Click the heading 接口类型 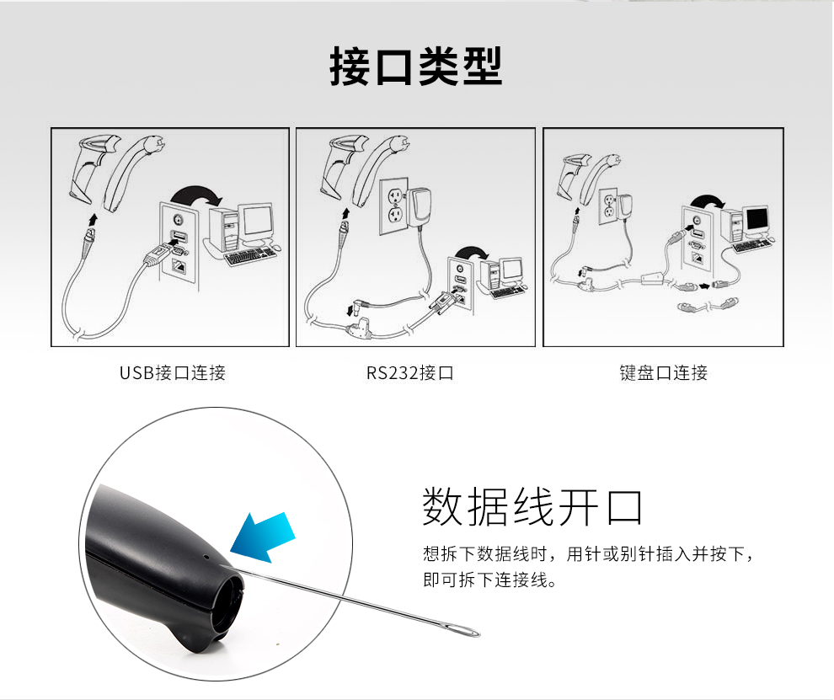click(416, 66)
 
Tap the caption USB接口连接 click(173, 373)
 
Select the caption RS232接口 click(409, 373)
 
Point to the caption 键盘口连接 click(663, 373)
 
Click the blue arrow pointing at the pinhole click(264, 537)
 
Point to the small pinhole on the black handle click(206, 558)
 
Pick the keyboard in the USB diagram click(250, 257)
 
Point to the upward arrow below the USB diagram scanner click(94, 218)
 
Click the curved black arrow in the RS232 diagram click(473, 252)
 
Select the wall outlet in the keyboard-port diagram click(608, 207)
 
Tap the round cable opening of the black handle click(228, 601)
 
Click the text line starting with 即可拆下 click(489, 580)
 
